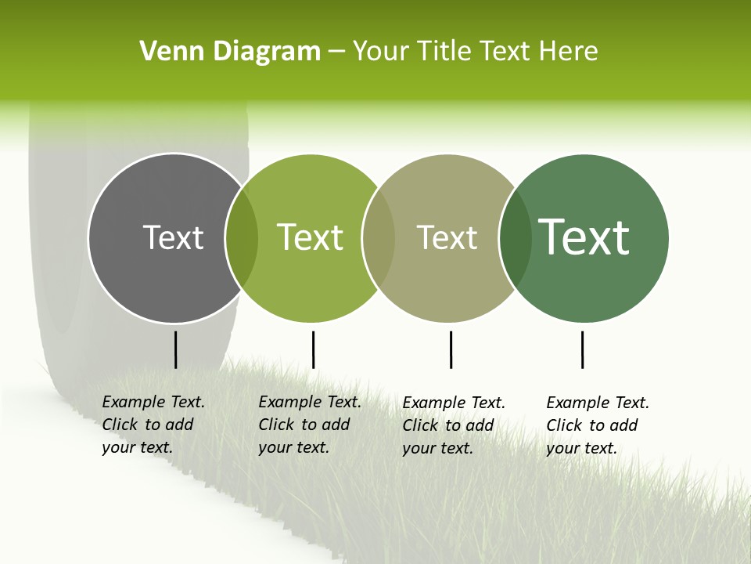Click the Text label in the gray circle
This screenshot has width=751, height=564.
pos(174,237)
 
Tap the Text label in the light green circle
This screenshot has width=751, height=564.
pos(311,237)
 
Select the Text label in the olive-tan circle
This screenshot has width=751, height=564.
pos(447,237)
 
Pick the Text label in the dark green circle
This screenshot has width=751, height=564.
pos(584,237)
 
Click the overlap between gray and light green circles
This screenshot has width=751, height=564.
pos(242,238)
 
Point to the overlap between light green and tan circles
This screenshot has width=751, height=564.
pos(379,238)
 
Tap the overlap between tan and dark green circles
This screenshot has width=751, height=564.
pos(515,238)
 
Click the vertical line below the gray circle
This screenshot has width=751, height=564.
pos(175,349)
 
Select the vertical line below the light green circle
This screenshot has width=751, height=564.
pos(313,349)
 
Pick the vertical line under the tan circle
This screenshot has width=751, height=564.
pos(451,349)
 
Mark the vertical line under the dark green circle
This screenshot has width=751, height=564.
pos(582,349)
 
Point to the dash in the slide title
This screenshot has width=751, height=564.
pos(336,52)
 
